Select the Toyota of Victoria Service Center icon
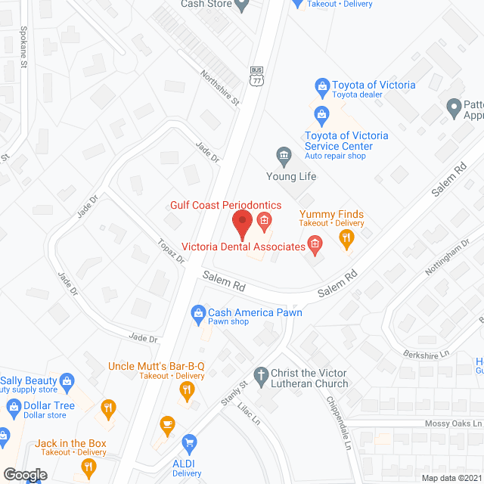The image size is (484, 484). [x=321, y=115]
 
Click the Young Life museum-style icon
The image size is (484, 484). [x=284, y=157]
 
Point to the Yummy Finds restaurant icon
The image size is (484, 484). [x=346, y=240]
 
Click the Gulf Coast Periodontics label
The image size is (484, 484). [x=225, y=205]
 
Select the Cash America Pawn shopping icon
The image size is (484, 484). [x=198, y=312]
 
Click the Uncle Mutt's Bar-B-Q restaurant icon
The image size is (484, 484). [x=187, y=391]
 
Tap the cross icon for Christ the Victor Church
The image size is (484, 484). [x=260, y=374]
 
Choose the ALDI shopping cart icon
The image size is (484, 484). [x=190, y=442]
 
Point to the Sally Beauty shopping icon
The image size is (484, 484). [x=67, y=380]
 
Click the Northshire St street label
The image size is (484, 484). [x=219, y=88]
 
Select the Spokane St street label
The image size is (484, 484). [x=23, y=51]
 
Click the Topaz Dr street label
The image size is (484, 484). [x=171, y=252]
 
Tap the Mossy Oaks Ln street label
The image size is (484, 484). [x=453, y=423]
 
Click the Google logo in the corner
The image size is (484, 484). [x=25, y=474]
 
